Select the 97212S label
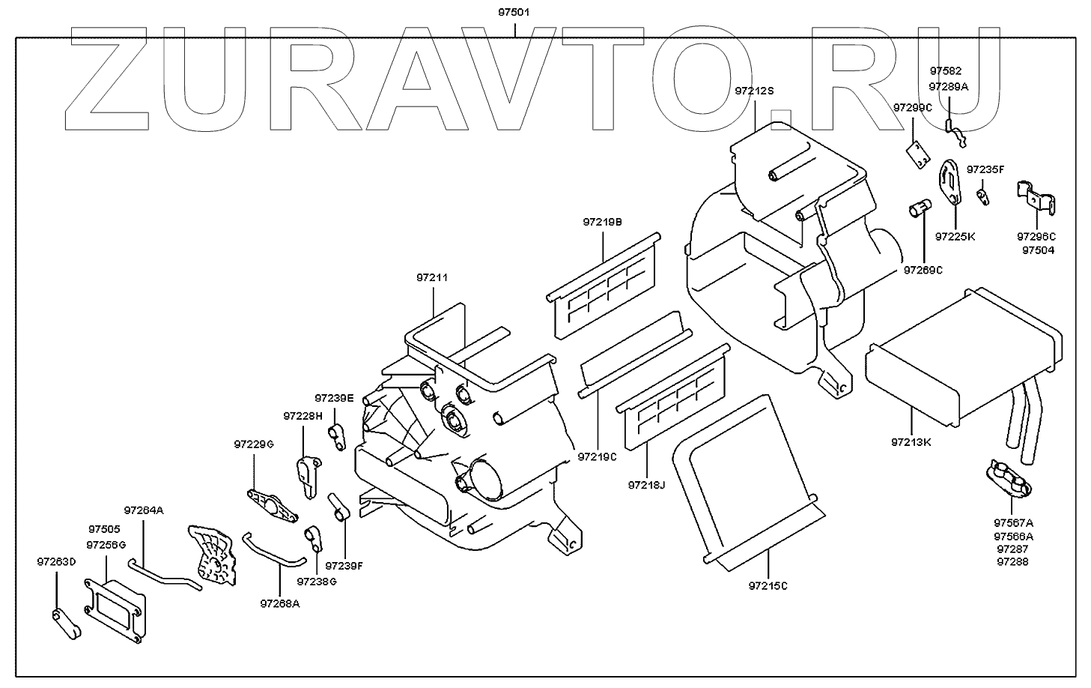753,91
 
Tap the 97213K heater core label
911,442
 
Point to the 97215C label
768,585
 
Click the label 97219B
603,222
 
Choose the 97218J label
646,485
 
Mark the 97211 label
432,278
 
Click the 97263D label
56,561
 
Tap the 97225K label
955,237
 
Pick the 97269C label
923,270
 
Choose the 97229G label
254,444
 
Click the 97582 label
946,71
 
